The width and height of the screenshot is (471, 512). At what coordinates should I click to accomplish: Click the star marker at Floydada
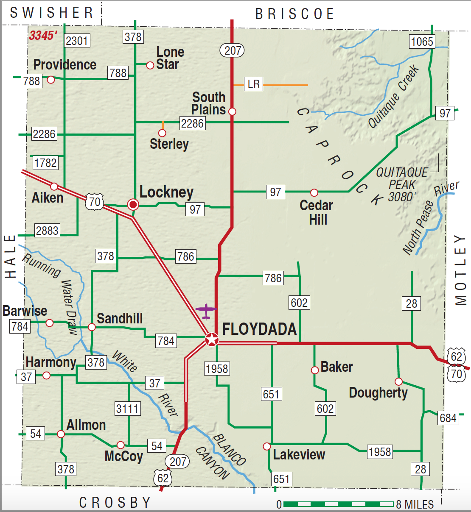coord(211,339)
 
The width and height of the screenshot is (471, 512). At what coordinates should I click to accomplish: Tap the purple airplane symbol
coord(206,311)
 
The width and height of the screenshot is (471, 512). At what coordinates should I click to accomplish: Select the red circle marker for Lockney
coord(133,205)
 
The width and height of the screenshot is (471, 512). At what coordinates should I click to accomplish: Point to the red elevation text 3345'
coord(43,35)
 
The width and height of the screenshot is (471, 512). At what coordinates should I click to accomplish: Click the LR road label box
coord(253,84)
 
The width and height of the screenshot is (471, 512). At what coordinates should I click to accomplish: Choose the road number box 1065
coord(422,42)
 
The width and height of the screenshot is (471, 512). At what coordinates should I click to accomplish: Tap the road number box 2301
coord(77,41)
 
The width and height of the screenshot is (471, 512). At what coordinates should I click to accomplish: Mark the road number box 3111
coord(128,409)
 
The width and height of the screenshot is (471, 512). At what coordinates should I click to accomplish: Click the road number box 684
coord(448,418)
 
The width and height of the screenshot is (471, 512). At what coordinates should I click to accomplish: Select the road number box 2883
coord(47,231)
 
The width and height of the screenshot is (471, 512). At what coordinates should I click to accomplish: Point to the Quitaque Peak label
coord(402,184)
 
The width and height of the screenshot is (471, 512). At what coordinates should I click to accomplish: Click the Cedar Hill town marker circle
coord(314,193)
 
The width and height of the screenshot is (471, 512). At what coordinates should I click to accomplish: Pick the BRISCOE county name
coord(294,14)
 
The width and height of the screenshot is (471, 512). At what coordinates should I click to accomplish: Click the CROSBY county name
coord(115,502)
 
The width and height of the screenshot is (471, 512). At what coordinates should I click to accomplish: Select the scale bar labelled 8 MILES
coord(338,504)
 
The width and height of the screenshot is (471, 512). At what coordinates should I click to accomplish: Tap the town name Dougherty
coord(378,393)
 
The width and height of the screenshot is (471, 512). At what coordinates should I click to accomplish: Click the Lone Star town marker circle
coord(150,65)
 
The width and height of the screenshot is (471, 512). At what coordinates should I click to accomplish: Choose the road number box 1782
coord(45,163)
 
